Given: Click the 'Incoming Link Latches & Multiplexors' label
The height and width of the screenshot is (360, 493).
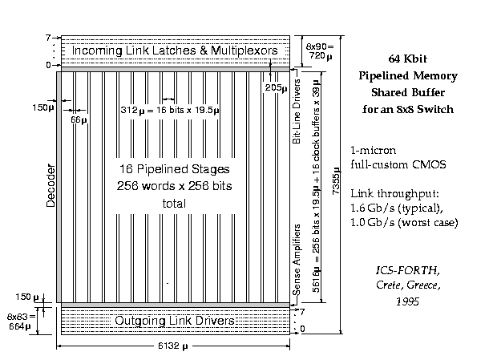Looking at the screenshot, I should pos(175,51).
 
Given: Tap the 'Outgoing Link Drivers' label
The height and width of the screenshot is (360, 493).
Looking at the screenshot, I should pos(176,321).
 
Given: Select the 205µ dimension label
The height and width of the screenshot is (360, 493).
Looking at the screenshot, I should pos(275,87).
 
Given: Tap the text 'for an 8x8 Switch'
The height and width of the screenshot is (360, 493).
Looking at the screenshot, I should pos(406,108).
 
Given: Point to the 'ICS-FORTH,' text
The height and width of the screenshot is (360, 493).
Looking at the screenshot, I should pos(406,269).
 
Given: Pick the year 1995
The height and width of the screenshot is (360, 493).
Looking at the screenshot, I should pos(406,302).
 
